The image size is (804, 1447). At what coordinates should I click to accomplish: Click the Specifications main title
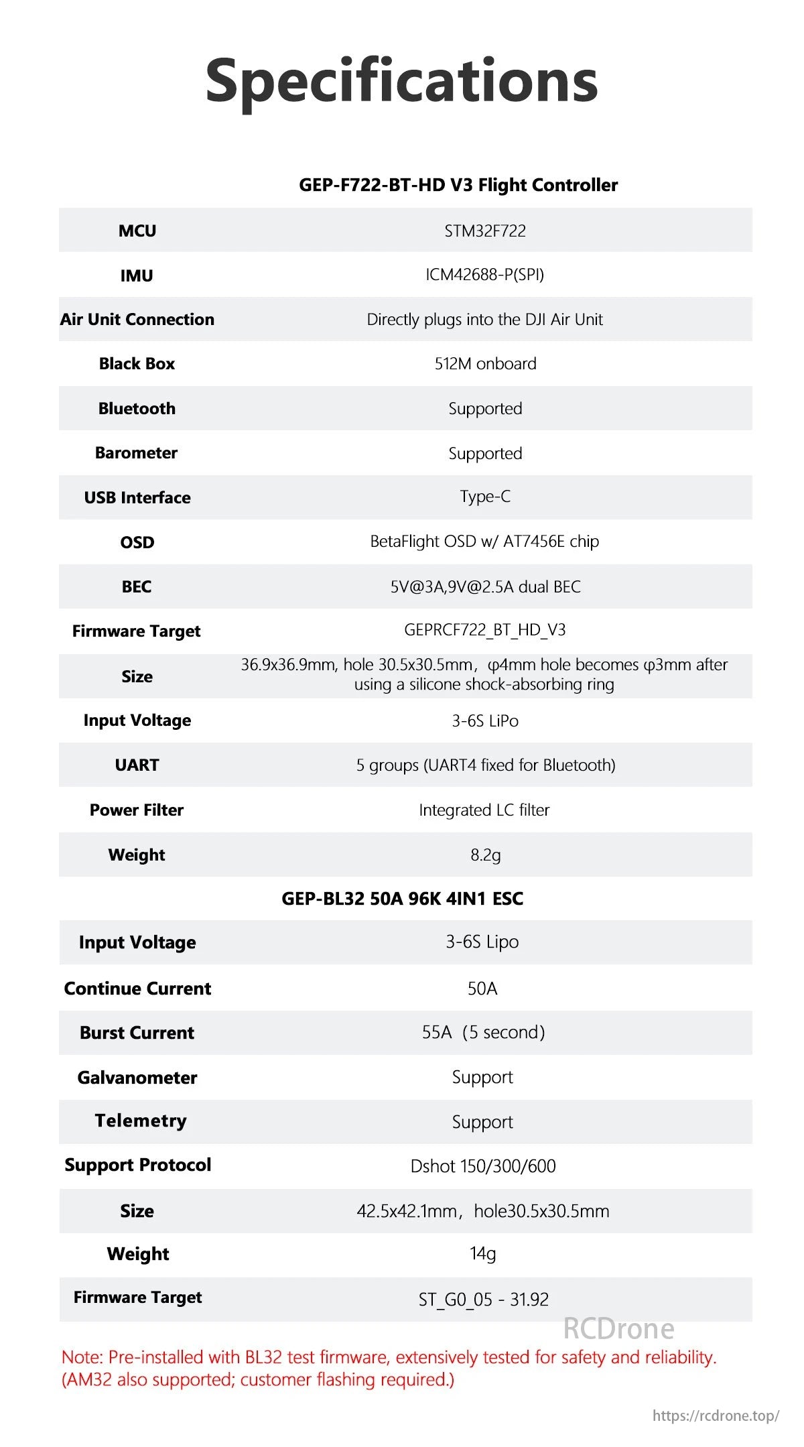point(401,80)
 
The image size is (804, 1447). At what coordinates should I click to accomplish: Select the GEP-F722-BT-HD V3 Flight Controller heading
point(458,185)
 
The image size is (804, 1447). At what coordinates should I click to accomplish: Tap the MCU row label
point(137,231)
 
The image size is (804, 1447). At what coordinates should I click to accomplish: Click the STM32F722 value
point(485,231)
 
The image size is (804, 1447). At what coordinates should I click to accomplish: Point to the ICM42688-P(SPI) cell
point(485,275)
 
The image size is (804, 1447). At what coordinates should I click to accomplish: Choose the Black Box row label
point(137,363)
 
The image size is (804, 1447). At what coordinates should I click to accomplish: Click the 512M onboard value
point(485,363)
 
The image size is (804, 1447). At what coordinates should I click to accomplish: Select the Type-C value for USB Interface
point(485,497)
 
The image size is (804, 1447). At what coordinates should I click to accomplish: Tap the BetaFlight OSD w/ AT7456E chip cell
point(484,542)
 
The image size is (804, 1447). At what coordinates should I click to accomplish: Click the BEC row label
point(137,586)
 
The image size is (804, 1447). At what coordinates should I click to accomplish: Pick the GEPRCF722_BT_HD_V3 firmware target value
point(485,630)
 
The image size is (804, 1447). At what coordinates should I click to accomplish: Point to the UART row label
point(137,765)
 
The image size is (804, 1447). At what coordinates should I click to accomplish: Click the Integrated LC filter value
point(484,810)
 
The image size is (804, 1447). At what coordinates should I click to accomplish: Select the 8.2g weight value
point(485,855)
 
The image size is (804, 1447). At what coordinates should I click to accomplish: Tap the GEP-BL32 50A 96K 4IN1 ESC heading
point(402,898)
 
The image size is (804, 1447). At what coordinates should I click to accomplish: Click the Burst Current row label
point(137,1032)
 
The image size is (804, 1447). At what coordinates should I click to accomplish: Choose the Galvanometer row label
point(137,1077)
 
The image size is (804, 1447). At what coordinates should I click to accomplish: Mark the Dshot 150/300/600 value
point(483,1166)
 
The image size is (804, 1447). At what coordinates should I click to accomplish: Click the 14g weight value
point(482,1253)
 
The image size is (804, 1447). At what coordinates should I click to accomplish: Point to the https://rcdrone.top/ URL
point(716,1415)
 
